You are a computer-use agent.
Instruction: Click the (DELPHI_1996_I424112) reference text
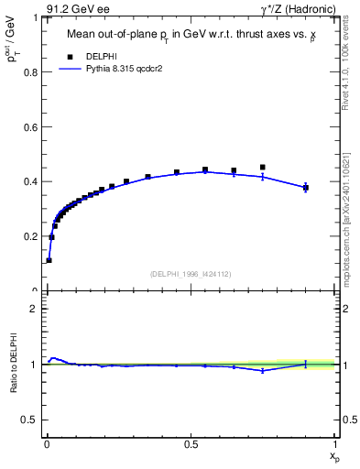(190, 273)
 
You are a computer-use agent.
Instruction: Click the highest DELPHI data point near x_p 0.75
(263, 168)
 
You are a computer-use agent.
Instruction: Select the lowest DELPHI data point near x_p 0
(49, 260)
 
